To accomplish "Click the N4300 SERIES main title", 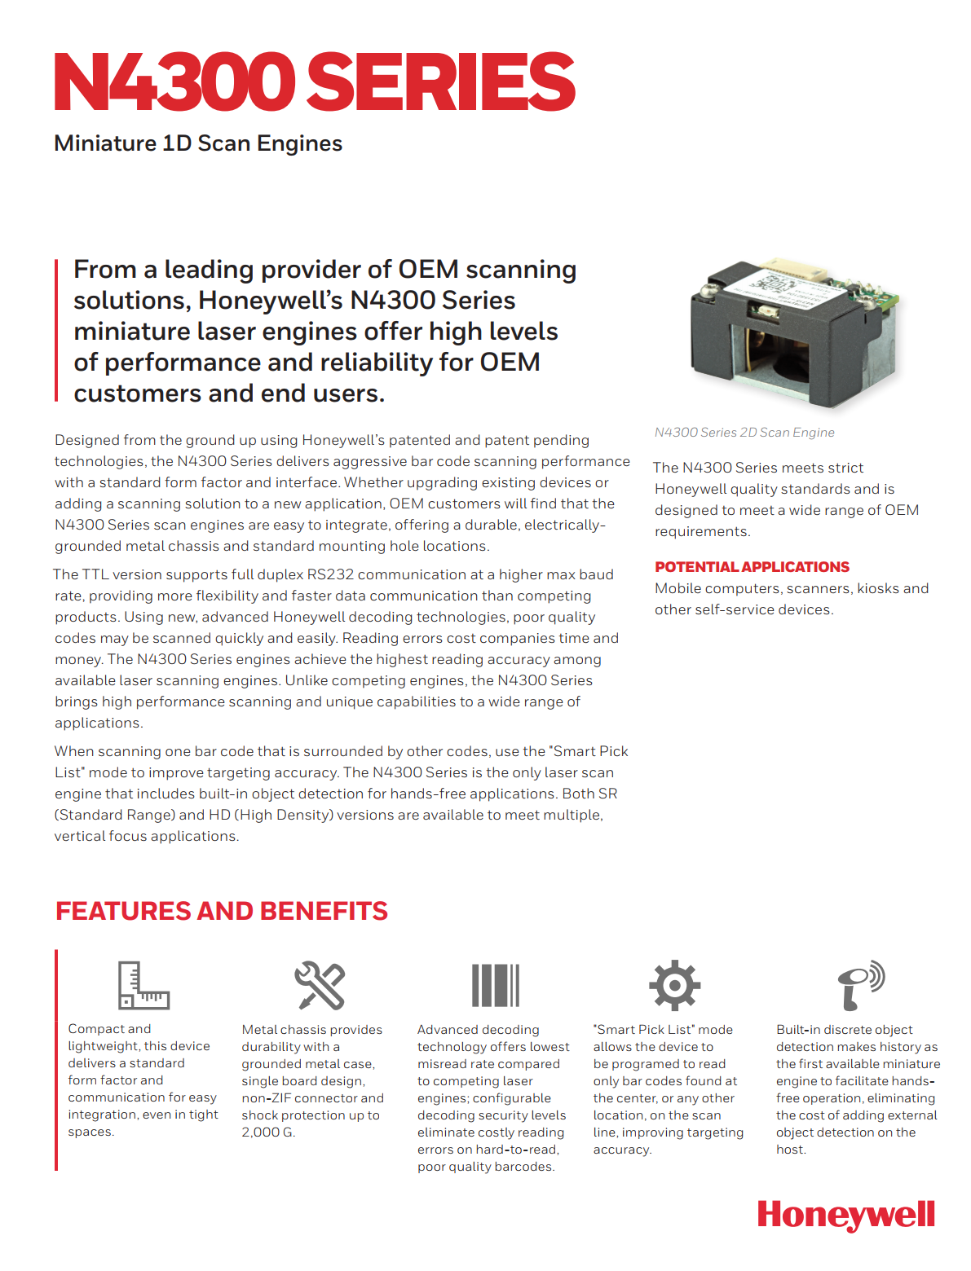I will click(x=314, y=81).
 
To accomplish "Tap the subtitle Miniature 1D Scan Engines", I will click(x=198, y=143).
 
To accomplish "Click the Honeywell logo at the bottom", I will click(x=845, y=1215).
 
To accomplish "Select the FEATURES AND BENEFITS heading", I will click(x=222, y=911).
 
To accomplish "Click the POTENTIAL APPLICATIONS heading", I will click(x=752, y=567).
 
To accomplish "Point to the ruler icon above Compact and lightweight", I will click(x=143, y=985).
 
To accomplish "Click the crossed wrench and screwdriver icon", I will click(x=320, y=985).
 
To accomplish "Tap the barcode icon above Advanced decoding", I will click(x=495, y=985).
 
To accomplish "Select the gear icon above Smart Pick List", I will click(x=674, y=985).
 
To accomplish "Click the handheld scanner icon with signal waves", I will click(x=860, y=984).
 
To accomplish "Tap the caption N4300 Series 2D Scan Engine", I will click(x=744, y=433).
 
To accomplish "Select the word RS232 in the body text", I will click(x=329, y=574).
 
